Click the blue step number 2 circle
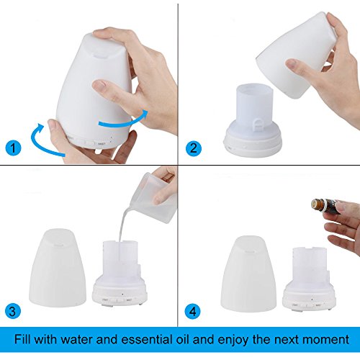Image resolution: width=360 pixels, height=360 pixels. click(x=194, y=148)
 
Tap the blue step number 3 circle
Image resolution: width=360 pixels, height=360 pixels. click(x=13, y=311)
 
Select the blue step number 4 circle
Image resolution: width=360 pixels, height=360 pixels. click(x=193, y=311)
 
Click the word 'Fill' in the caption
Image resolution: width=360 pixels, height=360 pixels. click(x=23, y=339)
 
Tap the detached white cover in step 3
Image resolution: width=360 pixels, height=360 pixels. click(x=58, y=268)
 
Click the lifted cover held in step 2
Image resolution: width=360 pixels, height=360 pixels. click(x=297, y=55)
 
